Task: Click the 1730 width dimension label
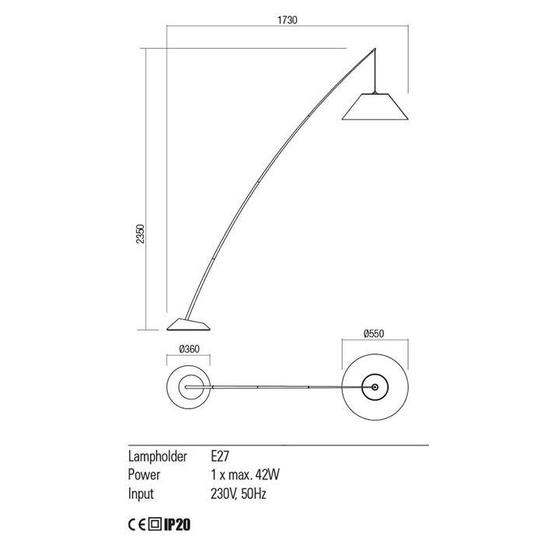point(288,20)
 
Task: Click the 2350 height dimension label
point(140,234)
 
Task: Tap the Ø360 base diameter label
point(190,349)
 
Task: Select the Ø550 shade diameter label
point(374,333)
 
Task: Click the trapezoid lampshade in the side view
point(375,106)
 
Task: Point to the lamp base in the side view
point(188,324)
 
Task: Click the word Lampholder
point(158,457)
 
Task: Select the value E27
point(220,456)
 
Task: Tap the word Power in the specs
point(144,475)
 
